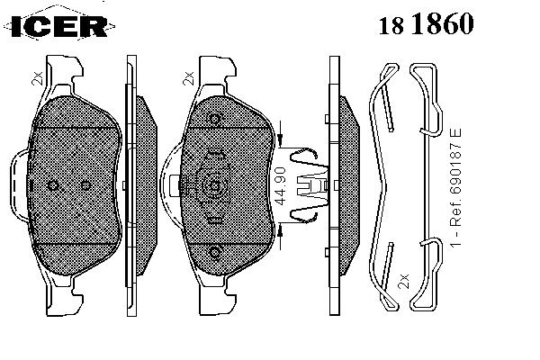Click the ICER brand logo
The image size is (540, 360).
click(x=59, y=25)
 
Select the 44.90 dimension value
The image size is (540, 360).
click(x=281, y=186)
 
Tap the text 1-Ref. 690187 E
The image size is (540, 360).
click(x=456, y=187)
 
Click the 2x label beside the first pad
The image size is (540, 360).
click(x=37, y=78)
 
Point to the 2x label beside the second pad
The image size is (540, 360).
click(x=188, y=78)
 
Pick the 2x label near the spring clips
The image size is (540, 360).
click(x=403, y=281)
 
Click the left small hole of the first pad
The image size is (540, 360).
click(x=53, y=186)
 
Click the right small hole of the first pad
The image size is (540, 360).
click(x=85, y=186)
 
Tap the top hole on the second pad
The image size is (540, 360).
click(x=215, y=119)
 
